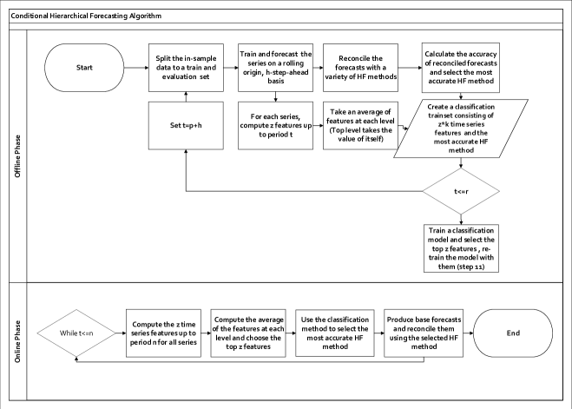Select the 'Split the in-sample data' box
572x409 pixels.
187,67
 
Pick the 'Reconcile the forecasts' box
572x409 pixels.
361,67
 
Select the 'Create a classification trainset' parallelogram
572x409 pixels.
460,128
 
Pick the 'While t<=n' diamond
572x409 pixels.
82,333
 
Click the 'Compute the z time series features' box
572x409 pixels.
162,333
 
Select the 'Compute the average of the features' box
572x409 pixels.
248,333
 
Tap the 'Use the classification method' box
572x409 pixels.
334,333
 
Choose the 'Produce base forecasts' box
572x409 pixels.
421,333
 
